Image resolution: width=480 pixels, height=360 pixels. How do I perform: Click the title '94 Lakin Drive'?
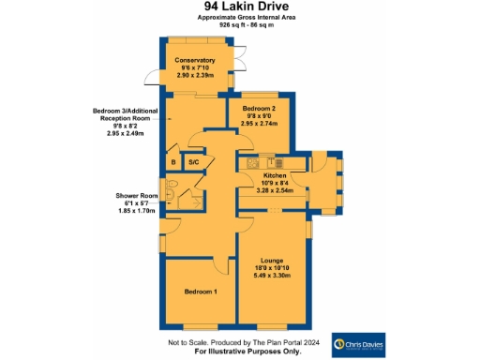pyautogui.click(x=241, y=7)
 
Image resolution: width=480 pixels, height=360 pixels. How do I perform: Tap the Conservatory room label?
pyautogui.click(x=195, y=61)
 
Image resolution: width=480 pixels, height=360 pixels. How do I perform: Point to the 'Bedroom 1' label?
pyautogui.click(x=201, y=292)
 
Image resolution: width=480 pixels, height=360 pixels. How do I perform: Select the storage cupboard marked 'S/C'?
pyautogui.click(x=193, y=162)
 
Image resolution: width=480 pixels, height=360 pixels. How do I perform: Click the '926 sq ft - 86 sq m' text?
pyautogui.click(x=241, y=25)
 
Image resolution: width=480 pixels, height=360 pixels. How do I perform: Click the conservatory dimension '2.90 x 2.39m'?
pyautogui.click(x=195, y=76)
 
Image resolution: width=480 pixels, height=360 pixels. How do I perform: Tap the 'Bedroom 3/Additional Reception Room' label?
pyautogui.click(x=131, y=115)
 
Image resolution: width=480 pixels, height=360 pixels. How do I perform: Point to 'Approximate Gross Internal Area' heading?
pyautogui.click(x=241, y=18)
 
